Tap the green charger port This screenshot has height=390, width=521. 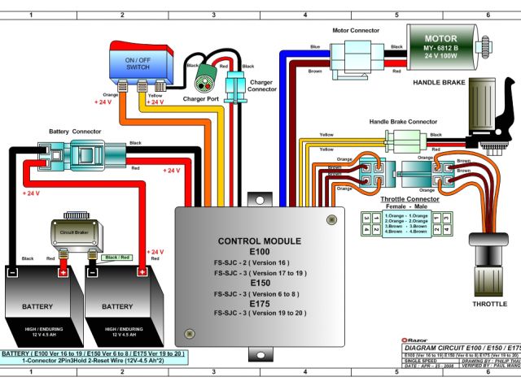coord(204,81)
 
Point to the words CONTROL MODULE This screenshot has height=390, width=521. coord(260,241)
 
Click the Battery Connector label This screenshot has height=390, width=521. coord(75,131)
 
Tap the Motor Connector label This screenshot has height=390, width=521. coord(356,31)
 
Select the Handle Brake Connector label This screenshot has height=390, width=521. coord(403,121)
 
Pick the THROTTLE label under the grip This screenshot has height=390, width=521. coord(490,304)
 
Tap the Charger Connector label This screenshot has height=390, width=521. coord(260,85)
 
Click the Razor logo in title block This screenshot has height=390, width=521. coord(416,341)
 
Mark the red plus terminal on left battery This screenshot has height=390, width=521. coord(63,272)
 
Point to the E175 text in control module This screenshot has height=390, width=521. coord(260,302)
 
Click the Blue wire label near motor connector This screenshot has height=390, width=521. coord(315,46)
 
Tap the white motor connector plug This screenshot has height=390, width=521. coord(356,57)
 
